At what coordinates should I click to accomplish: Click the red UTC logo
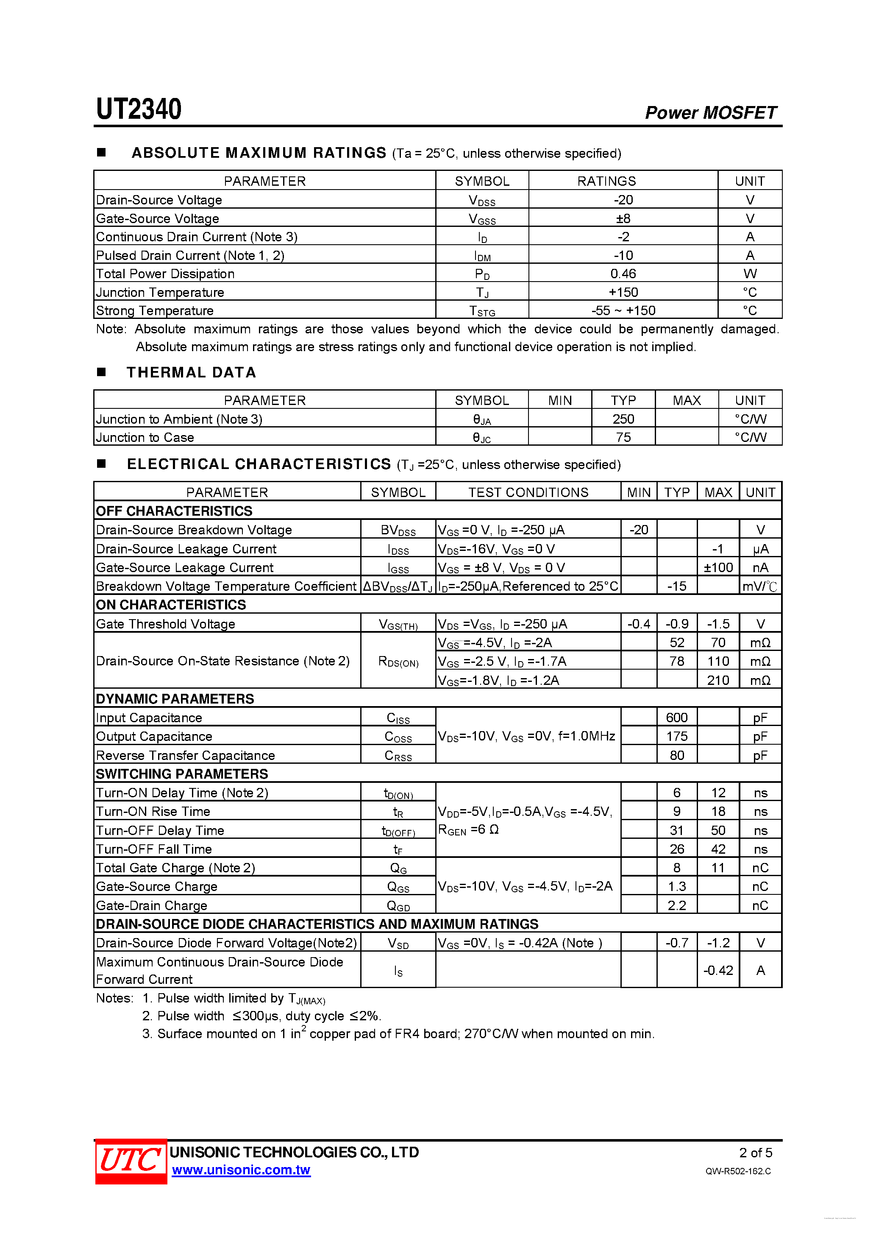click(x=131, y=1161)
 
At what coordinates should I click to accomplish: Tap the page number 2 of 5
click(x=755, y=1153)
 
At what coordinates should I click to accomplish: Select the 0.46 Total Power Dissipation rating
click(x=623, y=274)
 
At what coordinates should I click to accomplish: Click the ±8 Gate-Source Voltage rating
click(x=623, y=219)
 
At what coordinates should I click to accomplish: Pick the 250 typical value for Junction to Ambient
click(x=623, y=419)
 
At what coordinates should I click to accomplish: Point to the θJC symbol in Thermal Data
click(x=481, y=438)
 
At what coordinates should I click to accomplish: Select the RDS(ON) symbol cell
click(x=398, y=662)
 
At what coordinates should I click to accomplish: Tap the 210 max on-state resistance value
click(x=718, y=681)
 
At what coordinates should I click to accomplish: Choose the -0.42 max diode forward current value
click(x=718, y=971)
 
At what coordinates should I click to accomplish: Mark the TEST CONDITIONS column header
click(x=528, y=492)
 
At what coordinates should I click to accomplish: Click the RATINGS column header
click(x=606, y=182)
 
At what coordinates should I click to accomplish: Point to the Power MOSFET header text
click(x=710, y=112)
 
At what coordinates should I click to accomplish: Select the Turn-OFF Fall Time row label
click(x=154, y=849)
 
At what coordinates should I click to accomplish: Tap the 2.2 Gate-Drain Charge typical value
click(x=676, y=906)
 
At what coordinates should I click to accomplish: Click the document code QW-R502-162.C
click(x=738, y=1171)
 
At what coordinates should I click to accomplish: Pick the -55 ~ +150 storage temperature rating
click(x=623, y=310)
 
